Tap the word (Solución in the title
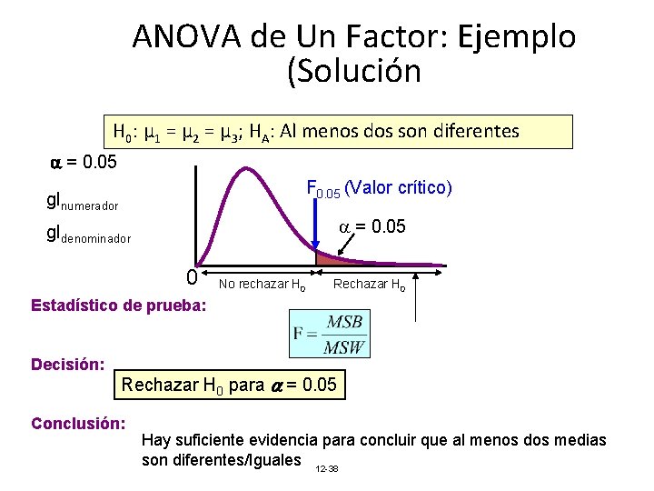click(354, 72)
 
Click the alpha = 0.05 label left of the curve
click(83, 164)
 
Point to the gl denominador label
click(89, 235)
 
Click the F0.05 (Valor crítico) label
click(380, 189)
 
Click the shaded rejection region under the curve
click(331, 262)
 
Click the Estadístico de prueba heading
click(118, 306)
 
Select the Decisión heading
click(67, 365)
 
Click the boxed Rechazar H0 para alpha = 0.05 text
click(229, 385)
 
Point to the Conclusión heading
click(76, 423)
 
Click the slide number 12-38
click(325, 468)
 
